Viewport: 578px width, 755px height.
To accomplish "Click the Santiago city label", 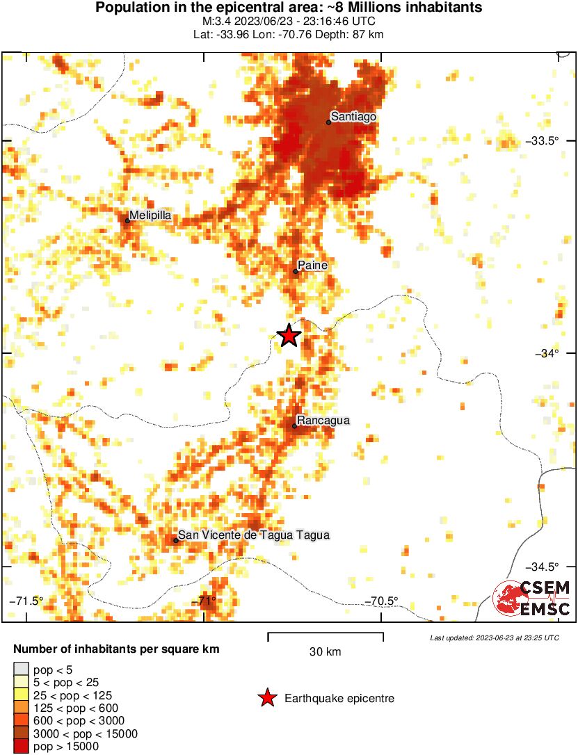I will click(353, 117).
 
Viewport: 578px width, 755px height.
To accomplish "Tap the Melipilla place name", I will click(150, 216).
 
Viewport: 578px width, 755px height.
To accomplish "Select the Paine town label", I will click(312, 266).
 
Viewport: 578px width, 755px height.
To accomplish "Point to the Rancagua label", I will click(323, 421).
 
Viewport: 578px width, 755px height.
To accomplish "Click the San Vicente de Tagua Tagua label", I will click(253, 535).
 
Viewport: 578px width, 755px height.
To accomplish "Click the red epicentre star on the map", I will click(289, 336).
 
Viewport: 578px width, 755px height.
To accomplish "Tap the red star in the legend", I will click(266, 699).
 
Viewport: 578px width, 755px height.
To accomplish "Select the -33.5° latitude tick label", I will click(545, 141).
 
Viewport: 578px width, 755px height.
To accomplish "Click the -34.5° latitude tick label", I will click(545, 567).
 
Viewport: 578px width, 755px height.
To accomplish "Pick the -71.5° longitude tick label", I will click(26, 601).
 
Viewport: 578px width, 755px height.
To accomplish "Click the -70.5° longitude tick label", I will click(383, 601).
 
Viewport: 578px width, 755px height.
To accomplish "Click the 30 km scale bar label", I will click(326, 652).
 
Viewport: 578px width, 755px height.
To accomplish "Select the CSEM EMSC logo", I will click(531, 599).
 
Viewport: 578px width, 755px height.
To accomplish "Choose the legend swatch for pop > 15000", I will click(22, 747).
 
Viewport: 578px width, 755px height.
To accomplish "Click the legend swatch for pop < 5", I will click(22, 670).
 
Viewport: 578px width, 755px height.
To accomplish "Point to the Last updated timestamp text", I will click(494, 638).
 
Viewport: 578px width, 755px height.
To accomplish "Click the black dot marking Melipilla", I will click(127, 221).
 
